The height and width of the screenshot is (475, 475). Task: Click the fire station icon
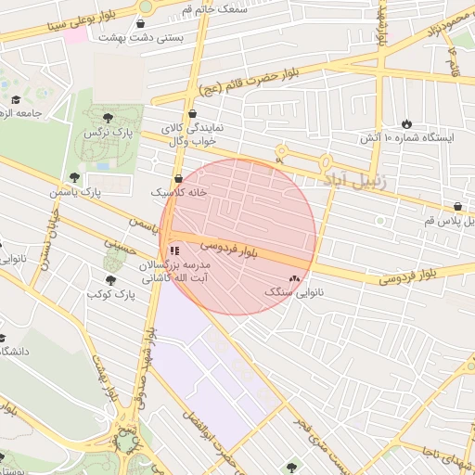[x=407, y=123]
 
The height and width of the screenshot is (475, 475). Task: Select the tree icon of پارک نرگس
[x=109, y=117]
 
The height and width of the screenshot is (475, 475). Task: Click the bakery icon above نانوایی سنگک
[x=295, y=277]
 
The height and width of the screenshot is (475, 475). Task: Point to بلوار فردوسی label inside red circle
[x=224, y=248]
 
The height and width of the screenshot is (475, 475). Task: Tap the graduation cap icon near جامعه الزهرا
[x=16, y=100]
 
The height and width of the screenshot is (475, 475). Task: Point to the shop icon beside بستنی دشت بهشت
[x=143, y=24]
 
